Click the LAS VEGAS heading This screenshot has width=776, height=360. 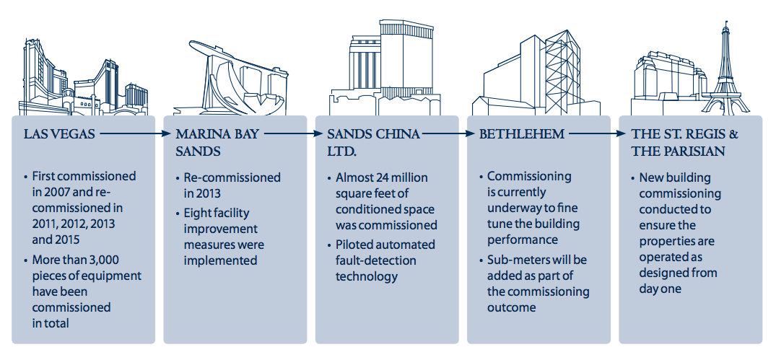[59, 134]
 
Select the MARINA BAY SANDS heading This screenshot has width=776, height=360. [217, 142]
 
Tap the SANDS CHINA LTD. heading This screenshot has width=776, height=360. [374, 142]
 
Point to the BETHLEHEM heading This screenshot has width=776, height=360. [522, 134]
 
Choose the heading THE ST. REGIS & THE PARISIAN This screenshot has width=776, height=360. [685, 142]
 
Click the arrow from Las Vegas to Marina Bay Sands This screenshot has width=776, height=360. [134, 133]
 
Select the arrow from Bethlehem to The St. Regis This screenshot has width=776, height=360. [597, 133]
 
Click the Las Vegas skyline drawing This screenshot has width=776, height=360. [84, 78]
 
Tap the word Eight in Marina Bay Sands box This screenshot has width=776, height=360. [197, 214]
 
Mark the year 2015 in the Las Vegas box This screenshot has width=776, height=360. [68, 240]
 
